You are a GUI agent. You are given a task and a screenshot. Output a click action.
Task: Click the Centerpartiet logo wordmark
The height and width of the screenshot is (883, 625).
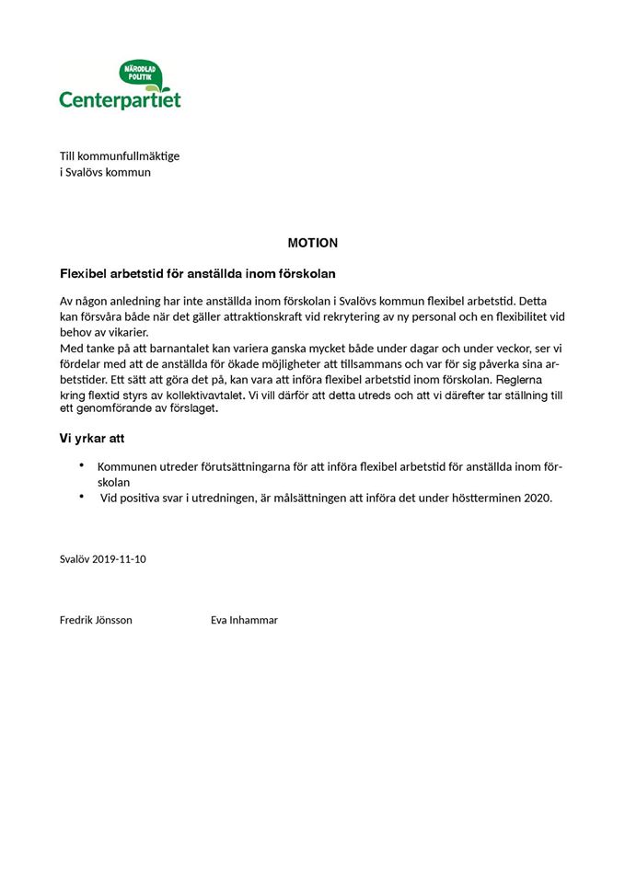click(x=120, y=99)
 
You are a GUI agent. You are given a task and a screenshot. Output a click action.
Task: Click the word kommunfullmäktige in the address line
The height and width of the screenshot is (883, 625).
click(x=126, y=155)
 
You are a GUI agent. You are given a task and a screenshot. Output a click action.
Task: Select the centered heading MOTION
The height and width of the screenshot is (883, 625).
click(x=312, y=243)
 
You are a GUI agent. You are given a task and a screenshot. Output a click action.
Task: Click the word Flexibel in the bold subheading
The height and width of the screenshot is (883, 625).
click(x=83, y=274)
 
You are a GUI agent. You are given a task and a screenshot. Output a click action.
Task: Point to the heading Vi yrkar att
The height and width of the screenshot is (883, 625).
click(x=93, y=440)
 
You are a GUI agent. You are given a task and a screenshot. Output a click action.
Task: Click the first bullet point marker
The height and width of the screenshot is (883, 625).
click(x=82, y=465)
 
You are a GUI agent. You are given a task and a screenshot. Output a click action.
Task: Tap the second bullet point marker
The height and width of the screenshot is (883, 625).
click(x=82, y=497)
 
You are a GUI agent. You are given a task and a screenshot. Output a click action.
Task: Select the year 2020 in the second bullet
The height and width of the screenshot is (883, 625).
click(x=537, y=498)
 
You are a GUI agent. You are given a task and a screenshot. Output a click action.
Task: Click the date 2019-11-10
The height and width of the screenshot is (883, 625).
click(x=120, y=558)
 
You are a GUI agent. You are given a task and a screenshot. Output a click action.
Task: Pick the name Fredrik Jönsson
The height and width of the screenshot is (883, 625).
click(x=96, y=620)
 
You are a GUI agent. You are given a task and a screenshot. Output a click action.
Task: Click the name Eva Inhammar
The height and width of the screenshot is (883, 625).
click(x=244, y=620)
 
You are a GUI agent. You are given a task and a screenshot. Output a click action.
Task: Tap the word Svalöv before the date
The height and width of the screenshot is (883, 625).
click(x=75, y=558)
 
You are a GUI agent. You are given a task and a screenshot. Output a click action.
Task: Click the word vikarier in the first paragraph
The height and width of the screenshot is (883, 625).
click(x=128, y=332)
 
